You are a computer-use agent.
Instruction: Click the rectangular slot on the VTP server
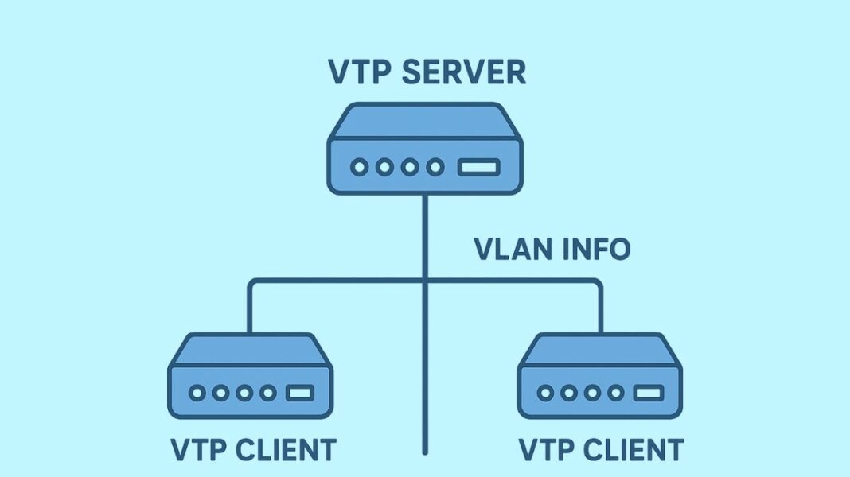point(478,168)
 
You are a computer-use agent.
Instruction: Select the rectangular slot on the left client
point(300,393)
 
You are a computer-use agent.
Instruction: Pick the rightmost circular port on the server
point(435,168)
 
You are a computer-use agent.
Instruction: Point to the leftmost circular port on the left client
point(195,393)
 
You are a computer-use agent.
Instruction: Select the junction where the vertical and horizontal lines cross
point(426,280)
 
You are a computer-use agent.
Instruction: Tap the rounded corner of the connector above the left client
point(252,283)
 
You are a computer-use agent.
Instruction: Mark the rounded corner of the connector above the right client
point(599,283)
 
